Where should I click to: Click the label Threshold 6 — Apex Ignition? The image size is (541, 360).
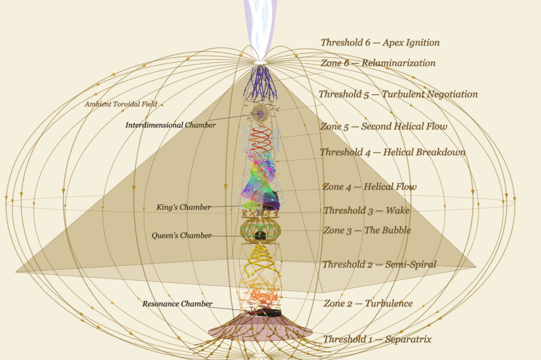coord(380,42)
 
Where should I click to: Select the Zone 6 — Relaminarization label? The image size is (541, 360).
coord(378,63)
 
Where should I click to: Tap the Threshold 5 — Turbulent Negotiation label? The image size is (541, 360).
coord(398,94)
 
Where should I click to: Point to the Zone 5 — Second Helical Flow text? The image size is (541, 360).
coord(383,127)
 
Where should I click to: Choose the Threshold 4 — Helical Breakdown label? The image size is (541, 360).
coord(393,152)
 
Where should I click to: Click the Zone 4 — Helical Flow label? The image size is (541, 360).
coord(370,187)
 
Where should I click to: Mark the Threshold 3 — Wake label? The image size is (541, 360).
coord(366,211)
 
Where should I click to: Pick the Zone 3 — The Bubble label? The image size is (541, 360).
coord(367,230)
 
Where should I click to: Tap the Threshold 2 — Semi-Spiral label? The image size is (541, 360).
coord(379,264)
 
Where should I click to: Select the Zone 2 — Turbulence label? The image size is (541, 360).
coord(368,303)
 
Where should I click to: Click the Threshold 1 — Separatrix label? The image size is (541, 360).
coord(377,339)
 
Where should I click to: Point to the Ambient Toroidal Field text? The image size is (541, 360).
coord(121,104)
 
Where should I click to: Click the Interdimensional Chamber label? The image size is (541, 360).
coord(170,125)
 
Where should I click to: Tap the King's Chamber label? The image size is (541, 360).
coord(184,207)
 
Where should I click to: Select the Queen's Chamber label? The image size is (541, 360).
coord(181,235)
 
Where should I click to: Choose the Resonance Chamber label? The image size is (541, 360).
coord(177,304)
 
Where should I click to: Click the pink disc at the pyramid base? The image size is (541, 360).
coord(260,330)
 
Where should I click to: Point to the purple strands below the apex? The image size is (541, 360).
coord(260,82)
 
